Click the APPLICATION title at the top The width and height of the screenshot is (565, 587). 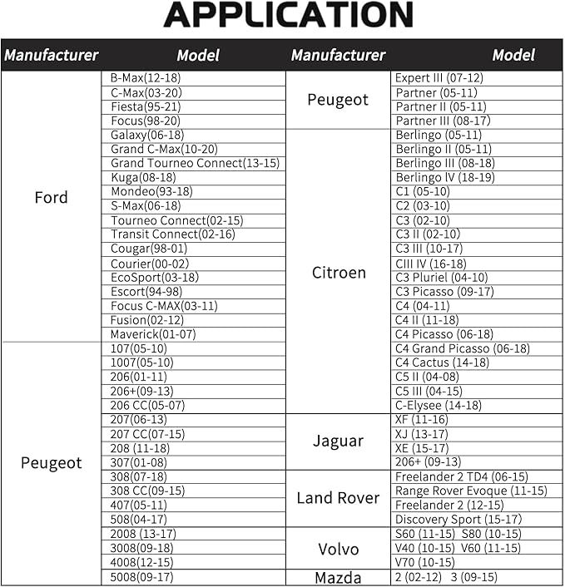tap(288, 16)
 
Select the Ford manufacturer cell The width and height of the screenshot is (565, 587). tap(51, 198)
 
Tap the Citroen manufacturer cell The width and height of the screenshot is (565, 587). tap(338, 273)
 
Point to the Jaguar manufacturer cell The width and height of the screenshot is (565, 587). tap(338, 441)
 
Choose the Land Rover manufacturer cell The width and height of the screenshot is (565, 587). tap(338, 498)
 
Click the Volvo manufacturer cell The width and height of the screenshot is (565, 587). tap(338, 549)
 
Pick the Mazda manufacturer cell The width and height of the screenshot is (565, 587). tap(338, 577)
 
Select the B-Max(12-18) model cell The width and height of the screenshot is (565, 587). tap(146, 78)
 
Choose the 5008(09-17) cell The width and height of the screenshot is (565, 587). tap(141, 577)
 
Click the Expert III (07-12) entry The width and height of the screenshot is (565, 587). tap(439, 78)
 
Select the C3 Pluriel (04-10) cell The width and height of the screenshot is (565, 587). tap(442, 278)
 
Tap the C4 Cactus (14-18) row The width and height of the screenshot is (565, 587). tap(442, 363)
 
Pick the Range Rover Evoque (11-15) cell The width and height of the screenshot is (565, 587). tap(471, 491)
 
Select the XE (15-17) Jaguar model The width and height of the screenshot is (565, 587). tap(423, 448)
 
